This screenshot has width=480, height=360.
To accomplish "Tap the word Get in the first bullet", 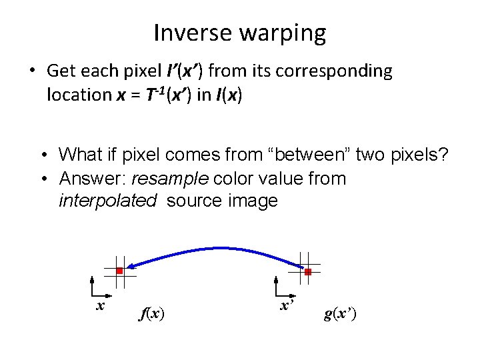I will pyautogui.click(x=60, y=71).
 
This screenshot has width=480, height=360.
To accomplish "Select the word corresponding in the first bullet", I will pyautogui.click(x=328, y=71).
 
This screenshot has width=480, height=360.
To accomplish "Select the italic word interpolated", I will pyautogui.click(x=107, y=201).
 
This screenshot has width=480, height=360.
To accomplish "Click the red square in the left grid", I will pyautogui.click(x=119, y=271).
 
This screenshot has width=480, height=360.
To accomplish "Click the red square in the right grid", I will pyautogui.click(x=308, y=272).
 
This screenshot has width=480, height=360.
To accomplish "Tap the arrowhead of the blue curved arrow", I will pyautogui.click(x=131, y=265).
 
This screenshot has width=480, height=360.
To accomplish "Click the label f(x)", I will pyautogui.click(x=153, y=313).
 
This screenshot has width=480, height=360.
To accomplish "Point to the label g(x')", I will pyautogui.click(x=340, y=313).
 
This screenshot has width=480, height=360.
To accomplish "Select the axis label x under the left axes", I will pyautogui.click(x=101, y=305).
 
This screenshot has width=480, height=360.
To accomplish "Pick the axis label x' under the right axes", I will pyautogui.click(x=286, y=305).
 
